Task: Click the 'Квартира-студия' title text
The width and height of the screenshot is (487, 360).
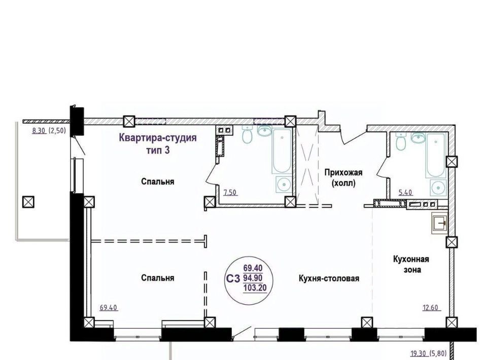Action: coord(158,137)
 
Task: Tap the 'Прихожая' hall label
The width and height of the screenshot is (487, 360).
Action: coord(343,172)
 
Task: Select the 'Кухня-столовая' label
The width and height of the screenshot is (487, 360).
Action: coord(329,278)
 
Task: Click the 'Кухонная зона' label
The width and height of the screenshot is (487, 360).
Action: coord(411,264)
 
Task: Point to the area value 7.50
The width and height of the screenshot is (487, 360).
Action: coord(230,193)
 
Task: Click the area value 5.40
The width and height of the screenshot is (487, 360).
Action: coord(405,193)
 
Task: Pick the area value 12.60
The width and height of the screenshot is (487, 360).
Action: coord(430,308)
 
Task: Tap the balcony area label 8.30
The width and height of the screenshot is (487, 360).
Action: coord(39,131)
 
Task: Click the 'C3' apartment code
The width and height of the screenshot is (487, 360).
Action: coord(233,279)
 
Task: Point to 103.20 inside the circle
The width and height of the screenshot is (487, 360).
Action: coord(255,288)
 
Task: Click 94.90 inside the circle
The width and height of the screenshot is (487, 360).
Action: coord(253,277)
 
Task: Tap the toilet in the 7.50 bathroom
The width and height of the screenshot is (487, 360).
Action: coord(247,135)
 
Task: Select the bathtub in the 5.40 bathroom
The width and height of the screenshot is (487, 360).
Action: coord(436,156)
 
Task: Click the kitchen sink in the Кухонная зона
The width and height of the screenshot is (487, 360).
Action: coord(439,223)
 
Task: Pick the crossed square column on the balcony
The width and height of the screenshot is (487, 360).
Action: coord(28,202)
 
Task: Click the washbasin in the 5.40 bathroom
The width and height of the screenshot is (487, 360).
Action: coord(418,138)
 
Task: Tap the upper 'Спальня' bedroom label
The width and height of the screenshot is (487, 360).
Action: coord(157,181)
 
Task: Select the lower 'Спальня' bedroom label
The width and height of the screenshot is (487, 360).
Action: coord(157,278)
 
